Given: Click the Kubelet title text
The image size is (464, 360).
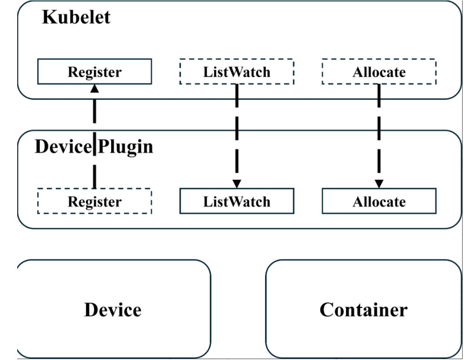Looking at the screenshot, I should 76,18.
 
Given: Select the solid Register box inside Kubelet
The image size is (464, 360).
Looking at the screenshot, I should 94,72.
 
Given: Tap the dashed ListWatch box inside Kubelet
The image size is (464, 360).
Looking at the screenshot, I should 237,72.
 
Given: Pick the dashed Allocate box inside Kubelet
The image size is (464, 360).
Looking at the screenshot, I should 379,72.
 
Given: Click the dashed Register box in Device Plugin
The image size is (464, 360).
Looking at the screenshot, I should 94,202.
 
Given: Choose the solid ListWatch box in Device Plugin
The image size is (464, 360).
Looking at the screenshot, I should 237,202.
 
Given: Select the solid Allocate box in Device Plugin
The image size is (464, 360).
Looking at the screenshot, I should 379,202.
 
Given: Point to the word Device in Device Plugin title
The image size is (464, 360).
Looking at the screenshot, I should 63,147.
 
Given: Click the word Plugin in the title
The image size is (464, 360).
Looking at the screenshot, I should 125,147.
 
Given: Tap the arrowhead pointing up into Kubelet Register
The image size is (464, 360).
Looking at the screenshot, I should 94,88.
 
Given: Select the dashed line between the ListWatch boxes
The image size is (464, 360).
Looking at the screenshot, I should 237,135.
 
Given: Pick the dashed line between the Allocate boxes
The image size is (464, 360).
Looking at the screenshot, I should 379,135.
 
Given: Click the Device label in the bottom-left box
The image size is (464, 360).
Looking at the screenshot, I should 113,310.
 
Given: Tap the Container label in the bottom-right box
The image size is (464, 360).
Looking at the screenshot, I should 363,310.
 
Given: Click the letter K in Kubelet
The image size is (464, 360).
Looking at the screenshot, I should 48,18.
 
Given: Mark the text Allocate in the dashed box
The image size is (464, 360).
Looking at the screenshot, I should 379,72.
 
